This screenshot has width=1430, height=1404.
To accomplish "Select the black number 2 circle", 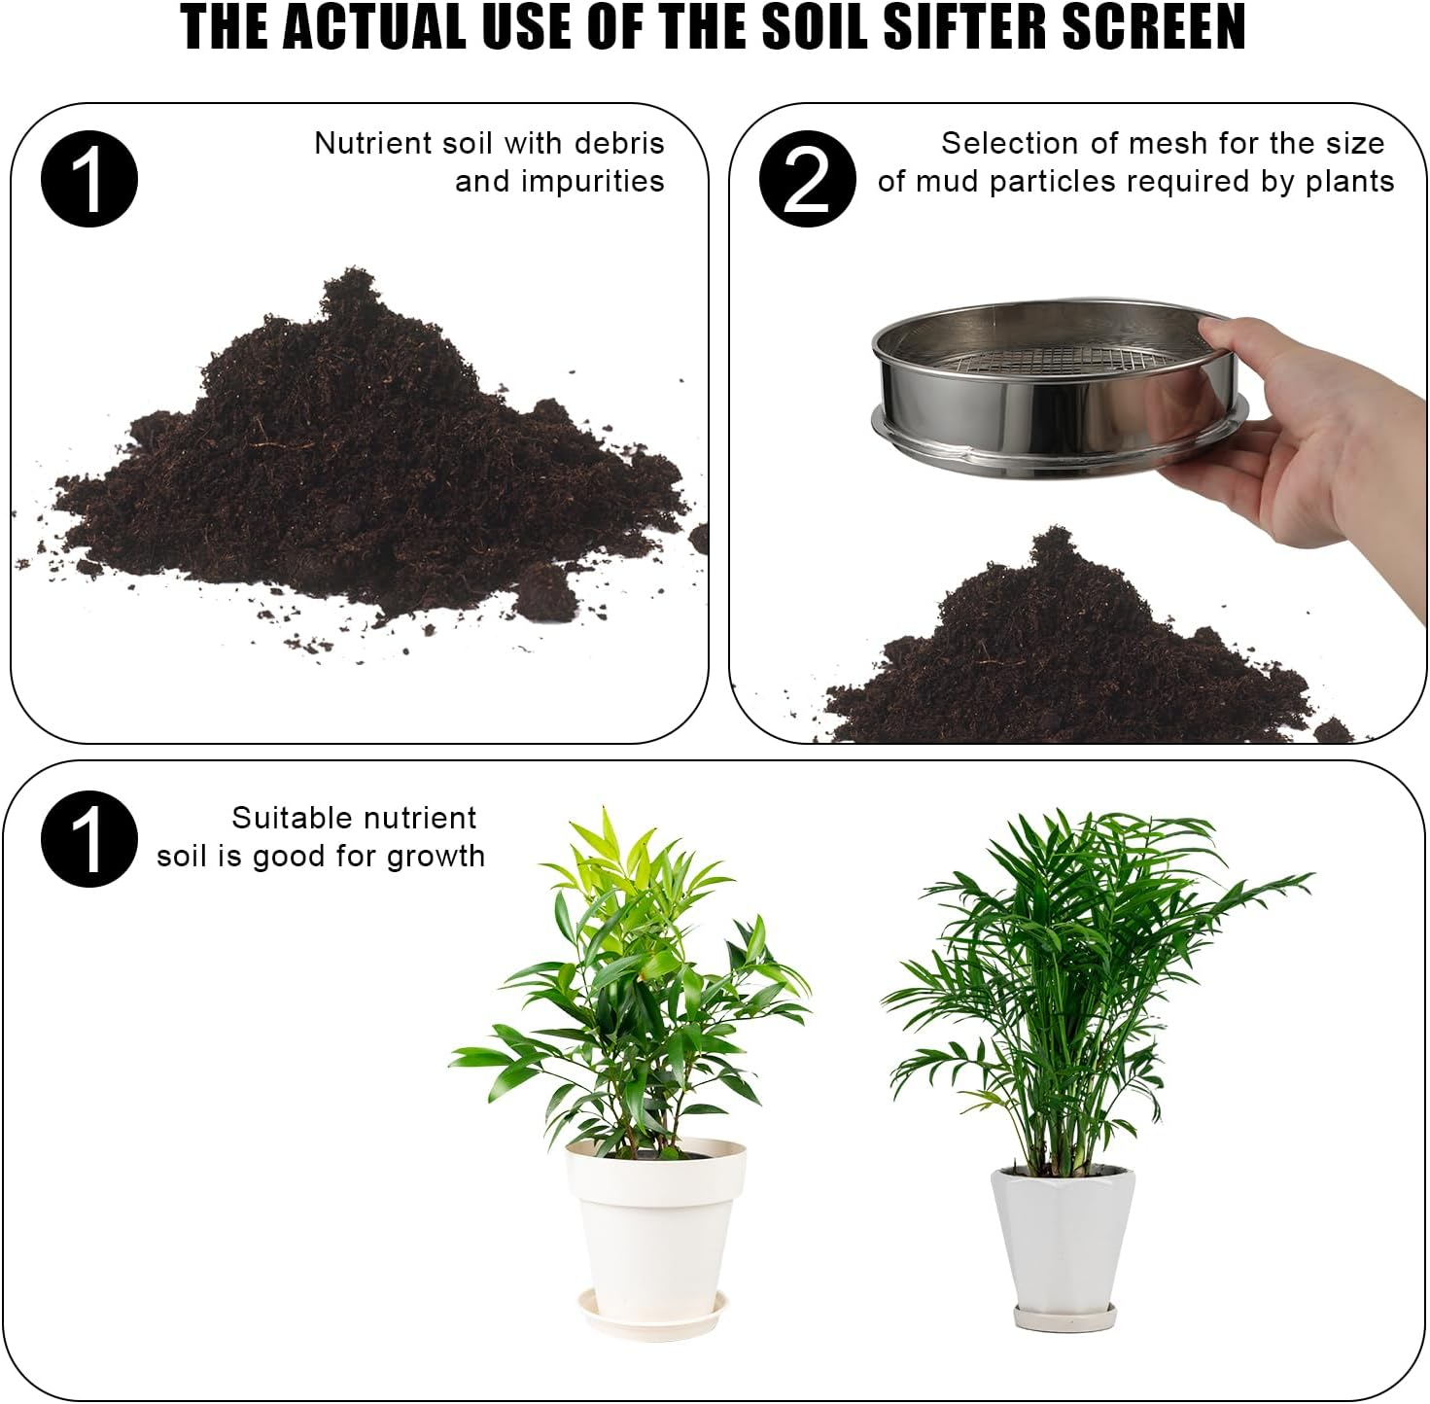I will [x=807, y=179].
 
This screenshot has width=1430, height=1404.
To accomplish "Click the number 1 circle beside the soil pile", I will [x=89, y=180].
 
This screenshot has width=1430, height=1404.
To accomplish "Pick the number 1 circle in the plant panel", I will [x=89, y=838].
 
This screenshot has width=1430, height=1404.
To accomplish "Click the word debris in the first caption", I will [x=619, y=144].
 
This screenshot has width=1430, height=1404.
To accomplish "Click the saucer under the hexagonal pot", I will [x=1063, y=1318].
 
